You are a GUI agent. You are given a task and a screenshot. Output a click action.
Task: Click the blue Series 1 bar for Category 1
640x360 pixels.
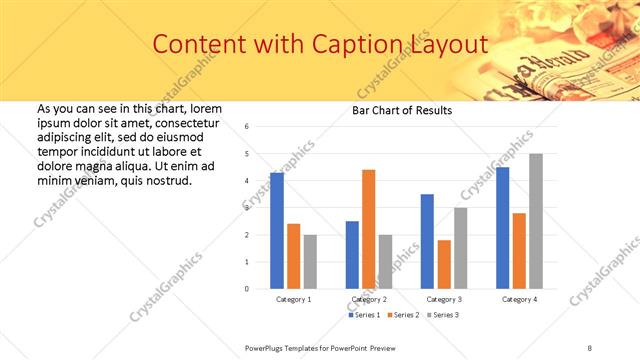click(277, 231)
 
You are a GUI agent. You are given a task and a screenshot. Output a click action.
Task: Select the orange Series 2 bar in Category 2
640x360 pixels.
click(368, 229)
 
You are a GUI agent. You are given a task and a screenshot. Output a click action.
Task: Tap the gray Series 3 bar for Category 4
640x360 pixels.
click(536, 221)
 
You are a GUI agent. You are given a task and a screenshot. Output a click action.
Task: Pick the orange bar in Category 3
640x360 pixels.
click(444, 264)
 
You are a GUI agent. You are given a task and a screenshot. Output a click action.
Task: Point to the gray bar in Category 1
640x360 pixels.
click(310, 262)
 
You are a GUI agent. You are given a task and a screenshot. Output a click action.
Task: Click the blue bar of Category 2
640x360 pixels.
click(352, 255)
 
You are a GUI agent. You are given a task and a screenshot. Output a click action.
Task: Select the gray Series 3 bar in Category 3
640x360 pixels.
click(460, 248)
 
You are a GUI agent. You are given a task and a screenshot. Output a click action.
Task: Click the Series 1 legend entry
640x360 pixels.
click(364, 315)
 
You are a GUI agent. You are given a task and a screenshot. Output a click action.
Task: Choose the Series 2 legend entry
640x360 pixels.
click(403, 315)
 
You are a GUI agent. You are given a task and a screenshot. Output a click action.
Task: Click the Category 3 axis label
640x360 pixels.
click(444, 299)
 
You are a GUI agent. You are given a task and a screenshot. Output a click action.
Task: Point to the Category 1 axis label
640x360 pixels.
click(294, 299)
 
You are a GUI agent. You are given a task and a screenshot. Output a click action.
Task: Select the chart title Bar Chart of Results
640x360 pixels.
click(402, 110)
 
